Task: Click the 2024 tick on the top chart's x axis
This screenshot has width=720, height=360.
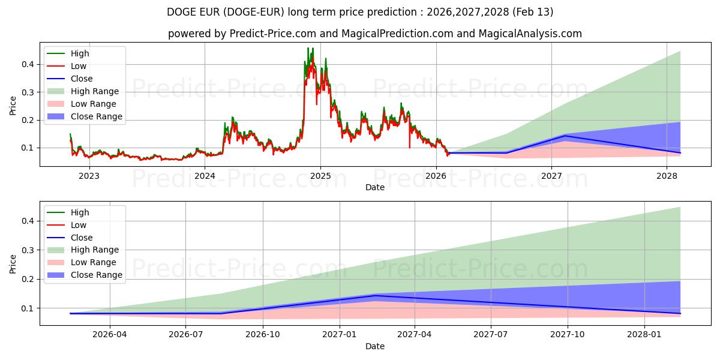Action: click(x=205, y=176)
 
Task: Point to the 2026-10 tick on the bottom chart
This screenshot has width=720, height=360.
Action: click(x=263, y=335)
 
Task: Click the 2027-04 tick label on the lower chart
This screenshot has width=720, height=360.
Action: click(x=415, y=335)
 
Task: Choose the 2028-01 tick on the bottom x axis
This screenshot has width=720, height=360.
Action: click(x=644, y=335)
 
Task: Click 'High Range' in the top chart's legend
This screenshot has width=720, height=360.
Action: click(x=94, y=91)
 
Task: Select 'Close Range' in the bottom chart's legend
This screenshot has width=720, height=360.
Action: click(x=96, y=275)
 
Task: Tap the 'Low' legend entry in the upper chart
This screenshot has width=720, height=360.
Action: click(x=79, y=66)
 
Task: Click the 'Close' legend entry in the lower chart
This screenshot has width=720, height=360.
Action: click(x=82, y=238)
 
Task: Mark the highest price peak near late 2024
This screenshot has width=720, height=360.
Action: click(x=308, y=48)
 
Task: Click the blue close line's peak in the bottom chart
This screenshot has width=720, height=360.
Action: click(x=375, y=295)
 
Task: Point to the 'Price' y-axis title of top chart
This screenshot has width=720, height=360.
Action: click(x=13, y=106)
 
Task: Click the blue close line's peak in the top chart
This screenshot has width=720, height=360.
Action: click(x=565, y=136)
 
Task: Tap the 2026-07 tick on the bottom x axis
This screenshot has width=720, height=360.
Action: click(x=186, y=335)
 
